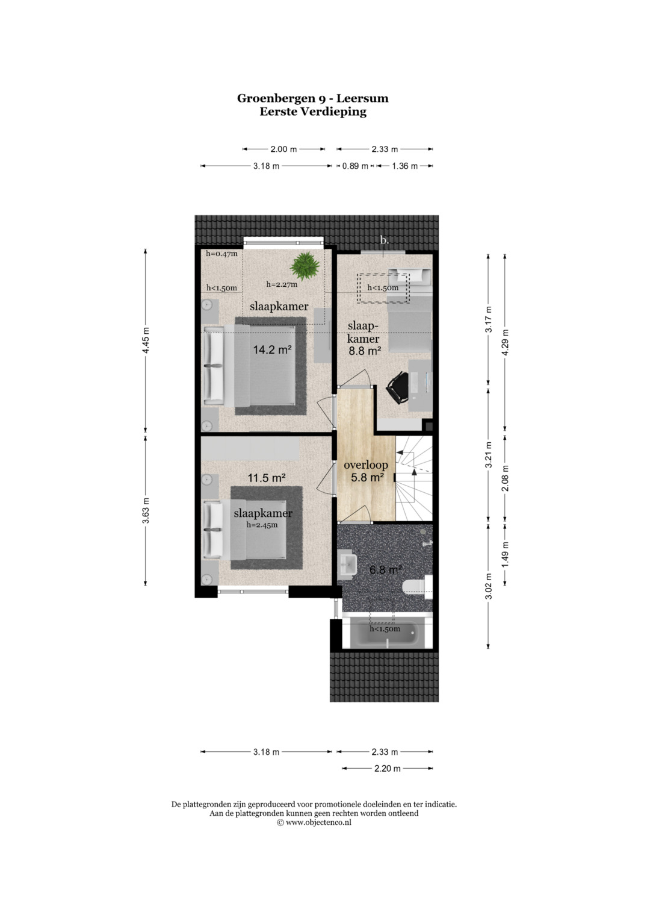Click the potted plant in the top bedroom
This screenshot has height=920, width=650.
tap(305, 266)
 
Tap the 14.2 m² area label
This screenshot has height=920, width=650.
tap(272, 350)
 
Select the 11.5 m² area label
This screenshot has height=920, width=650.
tap(266, 478)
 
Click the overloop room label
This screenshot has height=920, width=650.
tap(366, 465)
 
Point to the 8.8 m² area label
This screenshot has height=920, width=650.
tap(365, 351)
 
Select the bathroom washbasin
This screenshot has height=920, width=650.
tap(347, 565)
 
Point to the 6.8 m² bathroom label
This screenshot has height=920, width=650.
tap(385, 570)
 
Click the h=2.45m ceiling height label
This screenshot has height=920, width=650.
tap(262, 525)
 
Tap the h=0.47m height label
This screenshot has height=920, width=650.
tap(221, 254)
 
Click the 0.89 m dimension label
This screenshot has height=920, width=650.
tap(355, 166)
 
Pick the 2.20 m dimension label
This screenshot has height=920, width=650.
tap(388, 768)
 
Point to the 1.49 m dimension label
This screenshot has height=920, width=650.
tap(505, 554)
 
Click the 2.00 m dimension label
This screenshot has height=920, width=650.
tap(283, 149)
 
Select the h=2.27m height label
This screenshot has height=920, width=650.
tap(282, 284)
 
